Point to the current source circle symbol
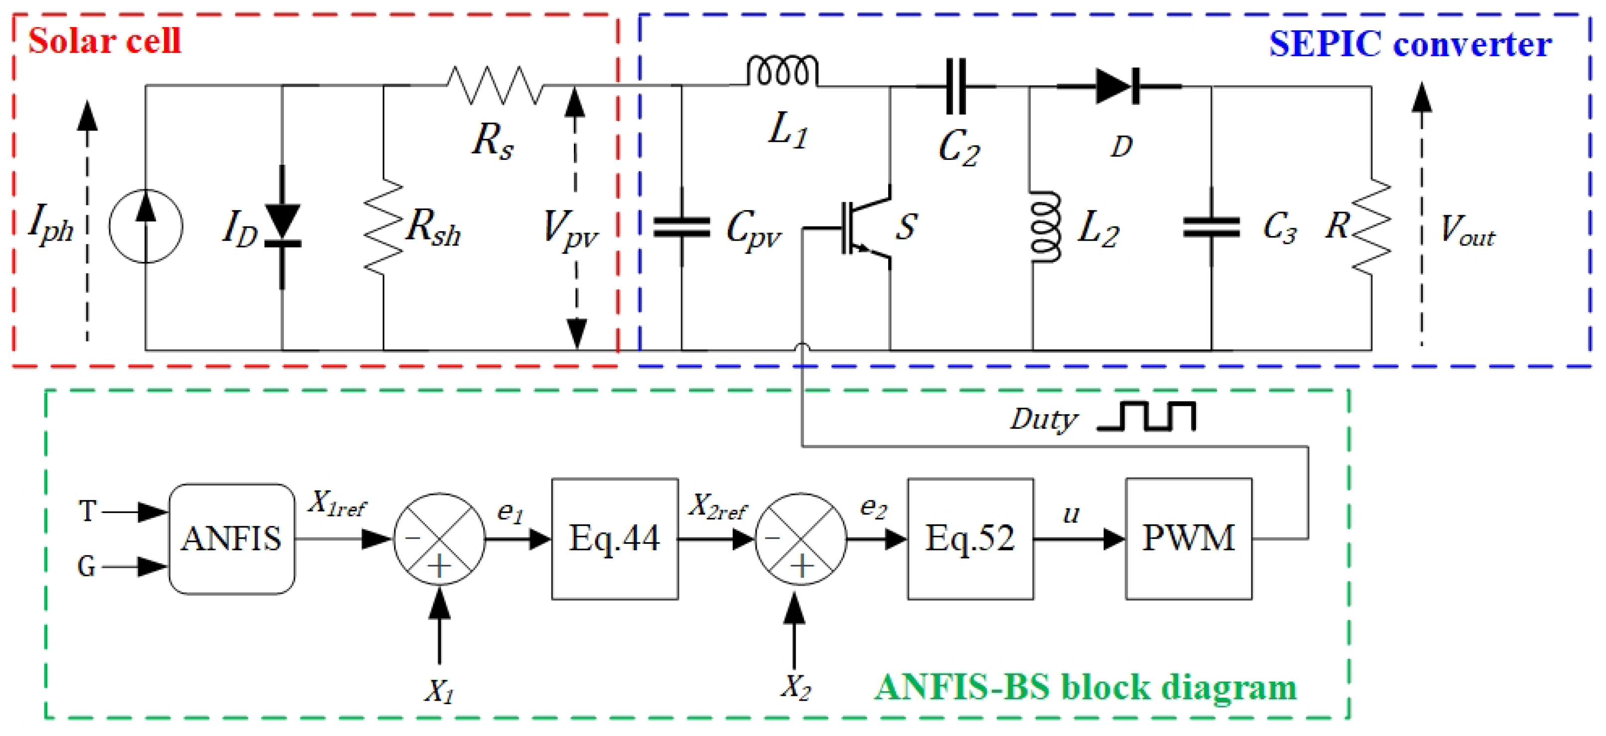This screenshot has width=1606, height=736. click(x=146, y=226)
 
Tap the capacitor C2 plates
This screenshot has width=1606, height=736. click(x=956, y=87)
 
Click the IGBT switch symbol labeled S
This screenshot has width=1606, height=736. click(x=867, y=228)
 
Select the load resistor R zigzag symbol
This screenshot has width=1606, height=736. click(x=1371, y=228)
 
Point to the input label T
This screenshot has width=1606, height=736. click(x=87, y=511)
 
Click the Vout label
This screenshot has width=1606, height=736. click(x=1467, y=231)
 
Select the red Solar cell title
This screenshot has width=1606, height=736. click(x=105, y=41)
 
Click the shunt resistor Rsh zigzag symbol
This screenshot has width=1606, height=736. click(x=384, y=228)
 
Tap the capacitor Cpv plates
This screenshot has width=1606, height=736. click(x=681, y=228)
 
